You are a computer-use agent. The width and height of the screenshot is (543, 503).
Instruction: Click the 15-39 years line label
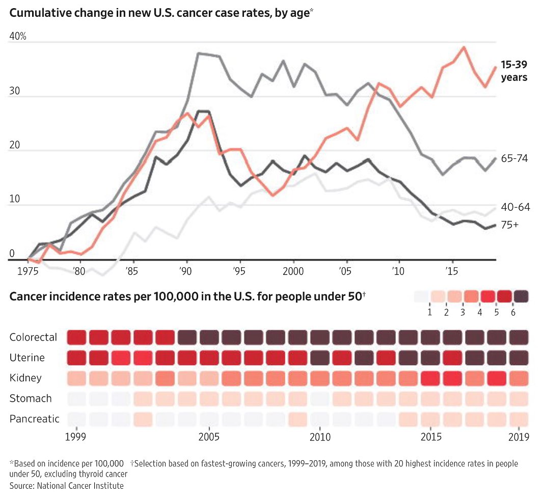tap(513, 71)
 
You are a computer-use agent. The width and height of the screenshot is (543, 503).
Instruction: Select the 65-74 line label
tap(514, 158)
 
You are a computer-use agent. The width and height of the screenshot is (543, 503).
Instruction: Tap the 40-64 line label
tap(515, 207)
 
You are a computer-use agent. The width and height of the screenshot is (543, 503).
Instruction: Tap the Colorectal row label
tap(33, 337)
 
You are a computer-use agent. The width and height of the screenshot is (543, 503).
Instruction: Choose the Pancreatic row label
tap(34, 419)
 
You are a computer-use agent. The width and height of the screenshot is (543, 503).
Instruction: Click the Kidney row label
tap(25, 378)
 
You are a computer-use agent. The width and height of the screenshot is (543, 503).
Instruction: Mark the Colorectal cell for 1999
tap(76, 337)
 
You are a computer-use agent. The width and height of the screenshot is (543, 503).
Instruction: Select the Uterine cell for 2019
tap(519, 358)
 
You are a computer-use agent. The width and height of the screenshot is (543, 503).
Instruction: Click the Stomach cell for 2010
tap(320, 399)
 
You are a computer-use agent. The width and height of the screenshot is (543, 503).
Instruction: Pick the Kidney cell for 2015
tap(431, 378)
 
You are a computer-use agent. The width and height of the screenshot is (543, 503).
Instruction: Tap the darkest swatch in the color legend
tap(521, 296)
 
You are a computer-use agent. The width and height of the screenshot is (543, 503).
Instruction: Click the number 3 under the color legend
tap(463, 312)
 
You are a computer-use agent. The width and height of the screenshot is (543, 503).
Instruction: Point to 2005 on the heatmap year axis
tap(209, 437)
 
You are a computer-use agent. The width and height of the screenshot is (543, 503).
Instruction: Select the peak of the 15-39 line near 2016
tap(464, 47)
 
